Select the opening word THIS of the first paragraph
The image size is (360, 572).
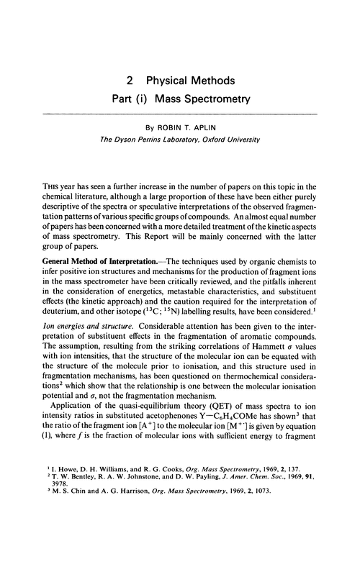(x=54, y=187)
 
